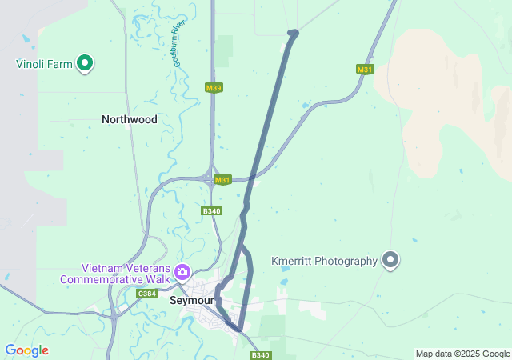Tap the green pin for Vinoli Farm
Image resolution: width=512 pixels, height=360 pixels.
point(85,62)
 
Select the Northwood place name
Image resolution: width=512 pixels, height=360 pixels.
point(129,119)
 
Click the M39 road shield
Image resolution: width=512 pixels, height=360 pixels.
point(213,88)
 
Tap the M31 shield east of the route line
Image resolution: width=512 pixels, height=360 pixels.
point(365,70)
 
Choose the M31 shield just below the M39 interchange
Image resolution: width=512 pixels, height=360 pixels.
point(222,180)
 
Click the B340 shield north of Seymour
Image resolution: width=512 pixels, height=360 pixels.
point(211,211)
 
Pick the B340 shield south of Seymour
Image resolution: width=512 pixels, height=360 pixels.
point(260,355)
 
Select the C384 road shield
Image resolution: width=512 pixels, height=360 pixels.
point(146,294)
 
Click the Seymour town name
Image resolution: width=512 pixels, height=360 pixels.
point(191,301)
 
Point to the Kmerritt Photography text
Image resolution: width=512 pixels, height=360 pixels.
point(323,261)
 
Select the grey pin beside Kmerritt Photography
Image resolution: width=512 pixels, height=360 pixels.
point(390,259)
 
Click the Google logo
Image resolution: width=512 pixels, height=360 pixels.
point(26,350)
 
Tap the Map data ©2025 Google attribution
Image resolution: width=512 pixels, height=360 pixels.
point(462,354)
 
